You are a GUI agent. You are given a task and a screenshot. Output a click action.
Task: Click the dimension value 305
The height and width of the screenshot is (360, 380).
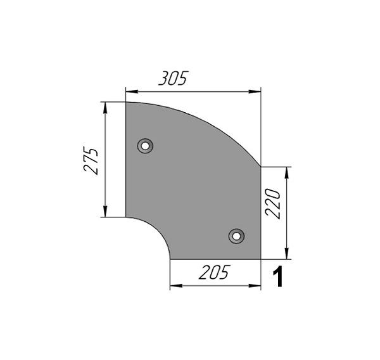click(x=174, y=78)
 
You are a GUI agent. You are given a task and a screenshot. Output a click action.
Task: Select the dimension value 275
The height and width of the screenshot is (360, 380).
click(x=91, y=160)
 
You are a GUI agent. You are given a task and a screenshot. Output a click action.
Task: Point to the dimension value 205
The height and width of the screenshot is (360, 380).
click(x=213, y=272)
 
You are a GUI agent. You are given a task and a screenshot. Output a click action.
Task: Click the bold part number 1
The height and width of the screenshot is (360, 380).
click(x=278, y=276)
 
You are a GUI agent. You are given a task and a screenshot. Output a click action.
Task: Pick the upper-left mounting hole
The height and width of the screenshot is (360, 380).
click(x=145, y=146)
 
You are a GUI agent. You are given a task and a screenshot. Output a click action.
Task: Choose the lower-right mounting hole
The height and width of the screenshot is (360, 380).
click(x=236, y=236)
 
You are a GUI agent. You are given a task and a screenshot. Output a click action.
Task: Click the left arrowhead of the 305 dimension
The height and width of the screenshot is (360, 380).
click(x=132, y=92)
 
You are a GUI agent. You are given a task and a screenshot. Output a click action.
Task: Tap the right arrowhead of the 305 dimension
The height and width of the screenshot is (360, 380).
click(x=255, y=92)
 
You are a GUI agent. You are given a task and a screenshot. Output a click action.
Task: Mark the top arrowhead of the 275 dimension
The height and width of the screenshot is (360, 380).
click(x=105, y=108)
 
